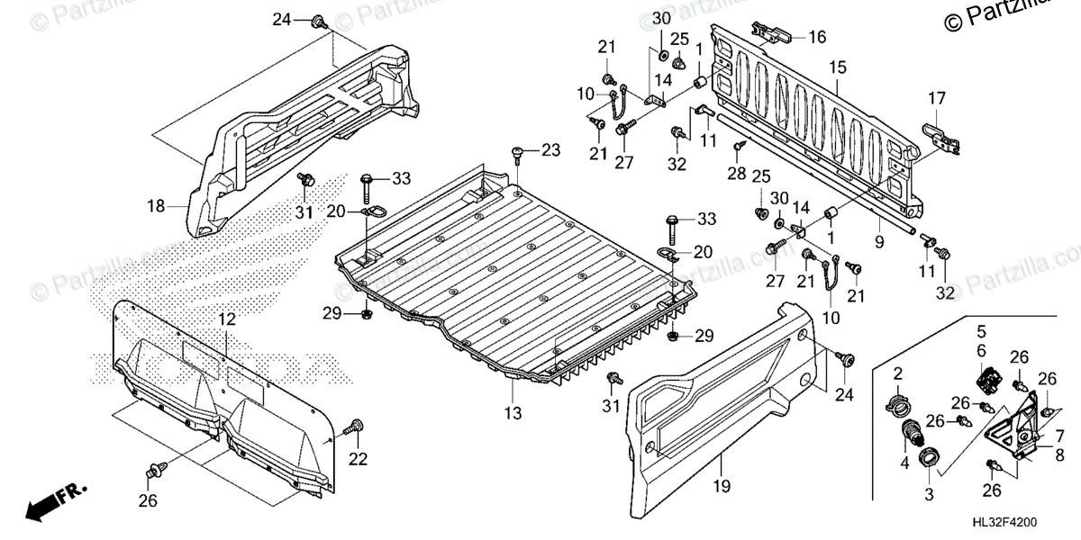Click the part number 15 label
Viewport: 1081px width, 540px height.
coord(837,67)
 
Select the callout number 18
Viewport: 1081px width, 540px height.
coord(157,206)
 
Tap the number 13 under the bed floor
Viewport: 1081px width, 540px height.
coord(513,413)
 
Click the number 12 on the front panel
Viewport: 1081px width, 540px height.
coord(225,319)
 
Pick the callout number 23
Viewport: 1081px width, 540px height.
coord(550,149)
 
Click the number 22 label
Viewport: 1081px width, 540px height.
coord(359,459)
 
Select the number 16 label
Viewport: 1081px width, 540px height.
coord(816,37)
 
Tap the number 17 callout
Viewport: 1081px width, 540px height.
coord(937,98)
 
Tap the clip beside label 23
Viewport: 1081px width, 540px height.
coord(518,153)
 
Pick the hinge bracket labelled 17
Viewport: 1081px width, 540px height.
coord(939,137)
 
